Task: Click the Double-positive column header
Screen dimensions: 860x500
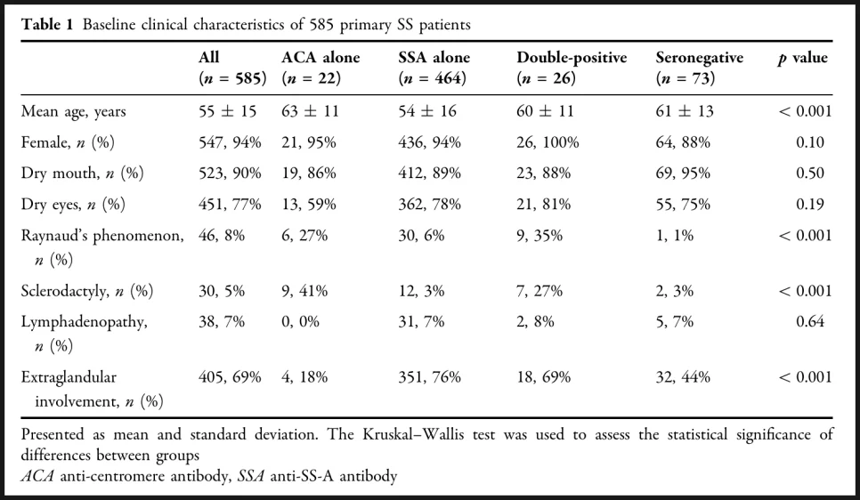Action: pyautogui.click(x=572, y=68)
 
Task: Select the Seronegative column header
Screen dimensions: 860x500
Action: pyautogui.click(x=699, y=68)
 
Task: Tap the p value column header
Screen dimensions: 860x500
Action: pyautogui.click(x=802, y=58)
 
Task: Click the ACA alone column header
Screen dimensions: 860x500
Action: pyautogui.click(x=320, y=68)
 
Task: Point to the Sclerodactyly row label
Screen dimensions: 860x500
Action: pyautogui.click(x=87, y=291)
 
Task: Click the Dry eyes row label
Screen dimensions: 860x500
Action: pyautogui.click(x=73, y=205)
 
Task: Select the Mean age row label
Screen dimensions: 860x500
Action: pyautogui.click(x=74, y=112)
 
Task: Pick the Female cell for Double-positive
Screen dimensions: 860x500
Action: pyautogui.click(x=548, y=142)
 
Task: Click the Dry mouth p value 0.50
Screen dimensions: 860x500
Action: pyautogui.click(x=810, y=173)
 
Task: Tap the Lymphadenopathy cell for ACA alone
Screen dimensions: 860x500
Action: pyautogui.click(x=301, y=321)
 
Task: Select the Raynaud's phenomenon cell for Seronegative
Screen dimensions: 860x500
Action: pyautogui.click(x=675, y=236)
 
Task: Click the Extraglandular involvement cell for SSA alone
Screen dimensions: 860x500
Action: pyautogui.click(x=429, y=377)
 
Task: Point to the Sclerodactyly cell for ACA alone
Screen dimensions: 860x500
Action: pyautogui.click(x=304, y=291)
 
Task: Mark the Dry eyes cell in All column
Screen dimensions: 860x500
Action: pyautogui.click(x=230, y=205)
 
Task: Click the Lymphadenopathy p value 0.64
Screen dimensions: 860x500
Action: pyautogui.click(x=810, y=321)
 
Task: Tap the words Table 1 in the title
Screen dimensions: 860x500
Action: pyautogui.click(x=46, y=25)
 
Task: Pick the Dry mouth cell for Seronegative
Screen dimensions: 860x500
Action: pyautogui.click(x=683, y=173)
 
